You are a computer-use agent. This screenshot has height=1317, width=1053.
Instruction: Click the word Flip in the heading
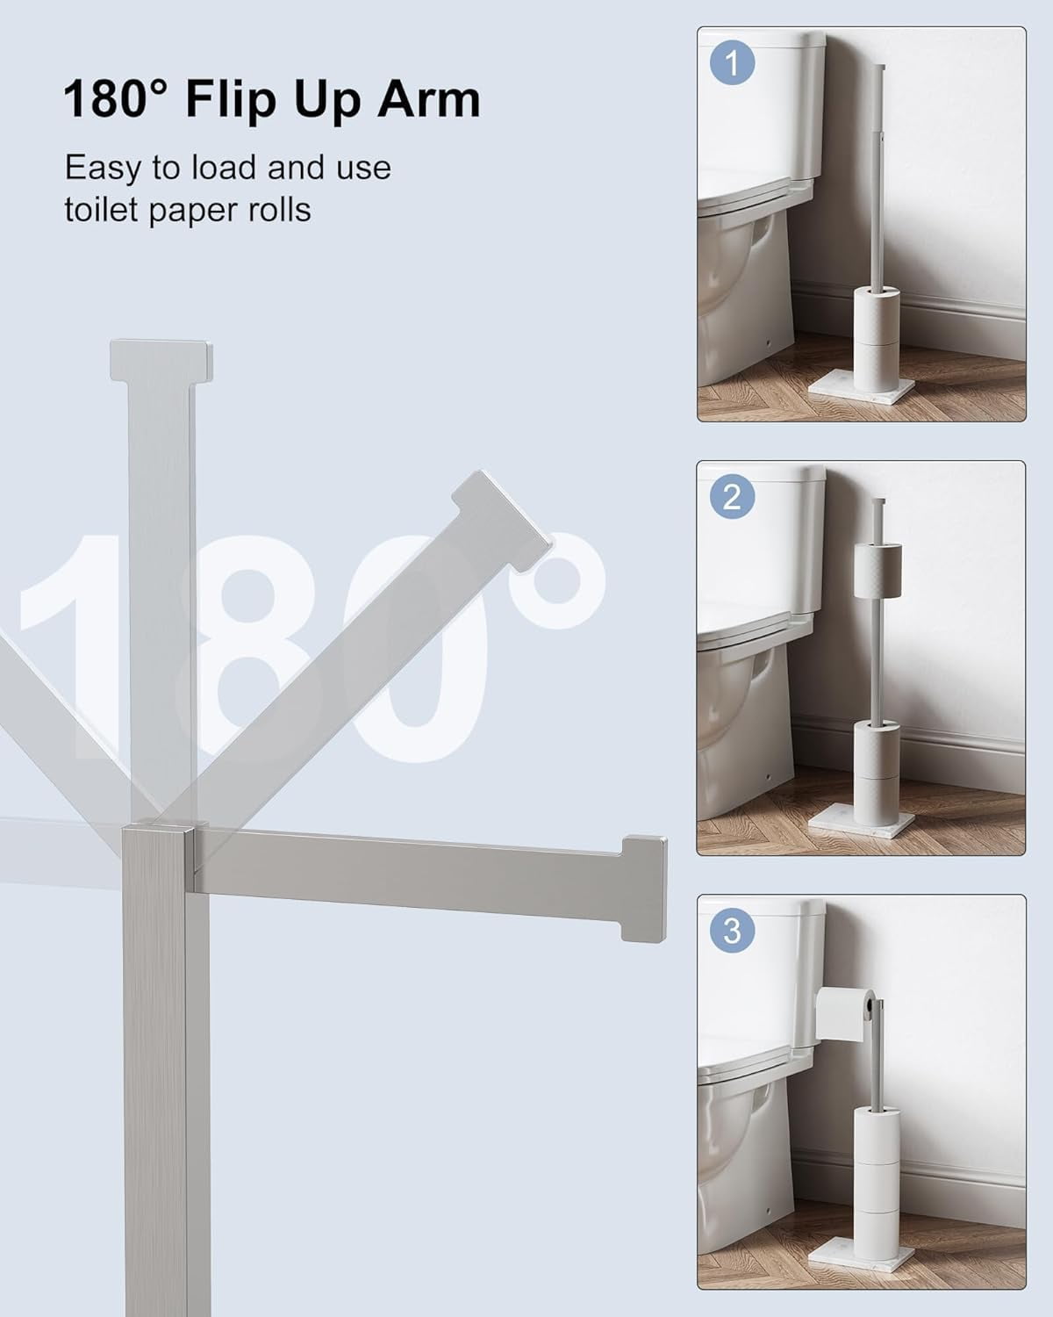[x=231, y=100]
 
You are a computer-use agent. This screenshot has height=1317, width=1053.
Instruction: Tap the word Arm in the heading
[x=428, y=99]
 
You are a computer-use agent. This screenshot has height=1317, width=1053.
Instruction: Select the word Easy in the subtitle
[x=103, y=169]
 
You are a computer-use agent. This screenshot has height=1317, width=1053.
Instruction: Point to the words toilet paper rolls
[x=188, y=210]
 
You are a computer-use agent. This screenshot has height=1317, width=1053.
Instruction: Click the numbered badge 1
[x=732, y=62]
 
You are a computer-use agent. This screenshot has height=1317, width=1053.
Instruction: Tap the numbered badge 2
[x=732, y=496]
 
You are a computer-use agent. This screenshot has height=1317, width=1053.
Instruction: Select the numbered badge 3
[x=732, y=930]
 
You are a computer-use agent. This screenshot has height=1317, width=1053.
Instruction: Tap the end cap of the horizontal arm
[x=644, y=888]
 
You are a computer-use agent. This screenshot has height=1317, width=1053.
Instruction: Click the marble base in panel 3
[x=862, y=1257]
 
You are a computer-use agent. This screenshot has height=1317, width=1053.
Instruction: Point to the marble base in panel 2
[x=862, y=825]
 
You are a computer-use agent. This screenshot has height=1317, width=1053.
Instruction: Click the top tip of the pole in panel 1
[x=878, y=65]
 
